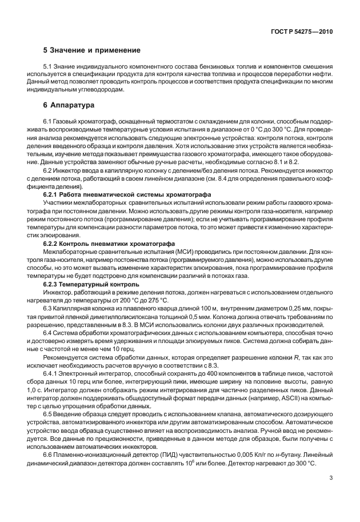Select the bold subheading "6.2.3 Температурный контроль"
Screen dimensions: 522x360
pos(91,284)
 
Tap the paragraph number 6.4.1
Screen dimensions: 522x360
pos(51,372)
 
